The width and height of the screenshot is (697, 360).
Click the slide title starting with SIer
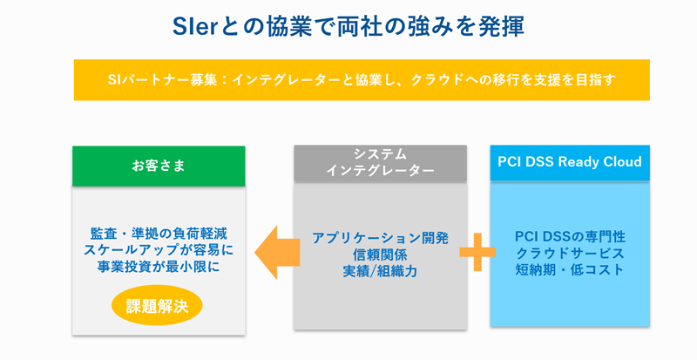(x=348, y=26)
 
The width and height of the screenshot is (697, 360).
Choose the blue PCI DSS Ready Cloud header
(x=569, y=162)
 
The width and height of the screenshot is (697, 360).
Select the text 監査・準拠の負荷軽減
(x=155, y=234)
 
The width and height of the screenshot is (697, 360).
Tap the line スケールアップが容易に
(x=155, y=251)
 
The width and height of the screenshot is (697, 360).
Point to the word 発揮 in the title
(x=504, y=26)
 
